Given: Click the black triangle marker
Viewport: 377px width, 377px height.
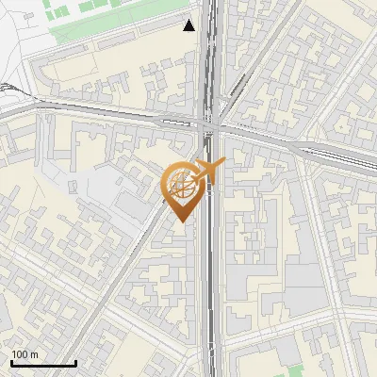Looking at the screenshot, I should click(190, 25).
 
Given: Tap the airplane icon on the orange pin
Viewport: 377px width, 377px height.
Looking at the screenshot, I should click(208, 171).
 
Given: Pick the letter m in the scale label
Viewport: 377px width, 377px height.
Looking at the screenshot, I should click(34, 354).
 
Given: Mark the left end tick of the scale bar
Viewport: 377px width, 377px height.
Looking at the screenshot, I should click(10, 362).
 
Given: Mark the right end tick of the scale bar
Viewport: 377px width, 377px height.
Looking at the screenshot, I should click(75, 362).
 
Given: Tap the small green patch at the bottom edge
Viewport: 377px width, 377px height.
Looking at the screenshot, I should click(296, 370).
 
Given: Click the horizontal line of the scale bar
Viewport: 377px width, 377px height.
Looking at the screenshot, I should click(42, 363).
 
